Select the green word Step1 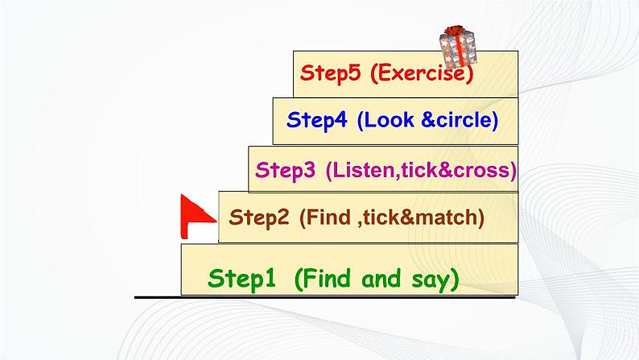[x=241, y=279]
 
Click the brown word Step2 [x=259, y=217]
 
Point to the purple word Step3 [x=285, y=170]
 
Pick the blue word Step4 [x=316, y=120]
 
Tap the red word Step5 [x=331, y=73]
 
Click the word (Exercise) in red [x=423, y=73]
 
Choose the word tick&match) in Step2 [x=423, y=217]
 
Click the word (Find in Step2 [x=325, y=217]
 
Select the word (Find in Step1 [x=323, y=279]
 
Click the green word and [x=381, y=279]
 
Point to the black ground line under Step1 [x=325, y=298]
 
